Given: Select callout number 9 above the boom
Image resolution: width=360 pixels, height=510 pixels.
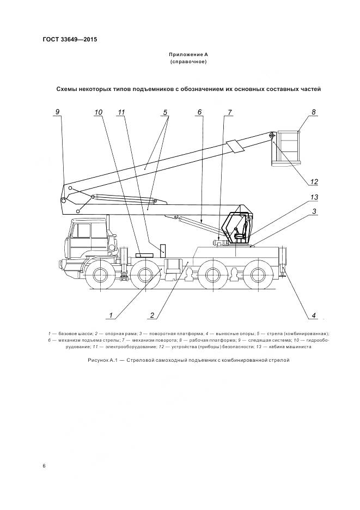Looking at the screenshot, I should [57, 112].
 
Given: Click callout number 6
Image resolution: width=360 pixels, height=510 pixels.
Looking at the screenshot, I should [199, 112].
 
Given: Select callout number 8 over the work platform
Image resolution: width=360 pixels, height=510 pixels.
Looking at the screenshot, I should [314, 112].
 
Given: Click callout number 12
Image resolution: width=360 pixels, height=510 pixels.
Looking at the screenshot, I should [314, 182].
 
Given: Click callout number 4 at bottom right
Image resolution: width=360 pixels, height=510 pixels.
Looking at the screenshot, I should [314, 314].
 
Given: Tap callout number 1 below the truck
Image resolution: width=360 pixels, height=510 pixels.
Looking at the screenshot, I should [111, 314].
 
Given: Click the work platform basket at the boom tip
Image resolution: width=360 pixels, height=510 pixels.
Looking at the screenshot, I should [288, 145].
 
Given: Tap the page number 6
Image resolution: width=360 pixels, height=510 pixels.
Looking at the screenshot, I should [44, 466].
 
